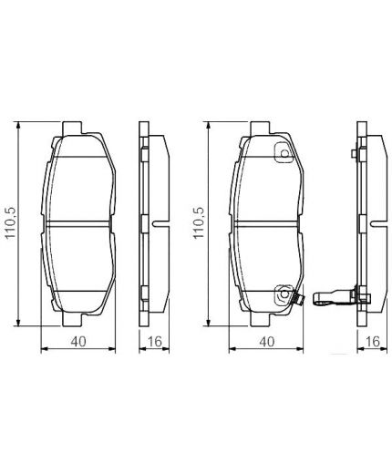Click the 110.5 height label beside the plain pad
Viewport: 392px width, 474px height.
tap(10, 222)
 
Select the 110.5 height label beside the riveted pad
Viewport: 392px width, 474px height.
tap(197, 222)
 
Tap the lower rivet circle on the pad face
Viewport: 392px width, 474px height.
tap(284, 294)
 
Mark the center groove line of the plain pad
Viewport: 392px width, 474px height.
tap(79, 222)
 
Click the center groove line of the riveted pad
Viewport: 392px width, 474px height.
tap(265, 222)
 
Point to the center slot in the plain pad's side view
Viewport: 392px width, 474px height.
tap(157, 222)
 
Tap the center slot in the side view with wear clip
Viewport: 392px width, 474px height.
tap(371, 222)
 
